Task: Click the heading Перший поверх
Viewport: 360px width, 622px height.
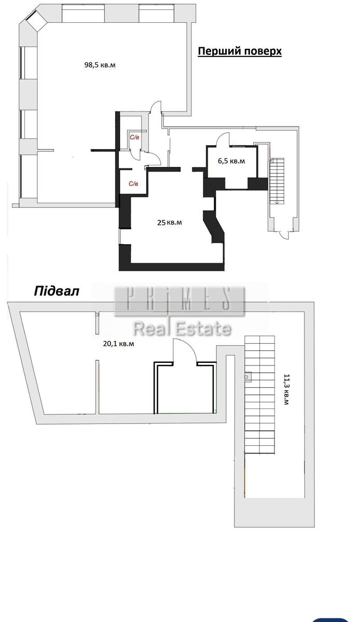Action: tap(240, 51)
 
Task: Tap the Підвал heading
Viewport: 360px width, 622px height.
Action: tap(57, 291)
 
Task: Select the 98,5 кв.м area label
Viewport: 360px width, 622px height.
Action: tap(100, 65)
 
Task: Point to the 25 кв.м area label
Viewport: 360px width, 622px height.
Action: tap(170, 222)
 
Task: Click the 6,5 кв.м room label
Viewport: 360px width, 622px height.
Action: tap(231, 161)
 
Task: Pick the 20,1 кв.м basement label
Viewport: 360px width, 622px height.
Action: tap(118, 344)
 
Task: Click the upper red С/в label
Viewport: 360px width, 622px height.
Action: tap(135, 137)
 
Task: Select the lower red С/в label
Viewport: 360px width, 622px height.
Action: tap(133, 184)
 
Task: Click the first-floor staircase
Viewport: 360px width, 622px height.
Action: tap(276, 181)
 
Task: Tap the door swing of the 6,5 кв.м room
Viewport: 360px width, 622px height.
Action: tap(223, 138)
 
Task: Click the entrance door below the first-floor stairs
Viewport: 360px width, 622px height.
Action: tap(285, 235)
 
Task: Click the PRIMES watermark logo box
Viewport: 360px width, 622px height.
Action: tap(180, 301)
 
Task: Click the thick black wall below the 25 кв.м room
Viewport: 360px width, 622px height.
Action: tap(172, 266)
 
